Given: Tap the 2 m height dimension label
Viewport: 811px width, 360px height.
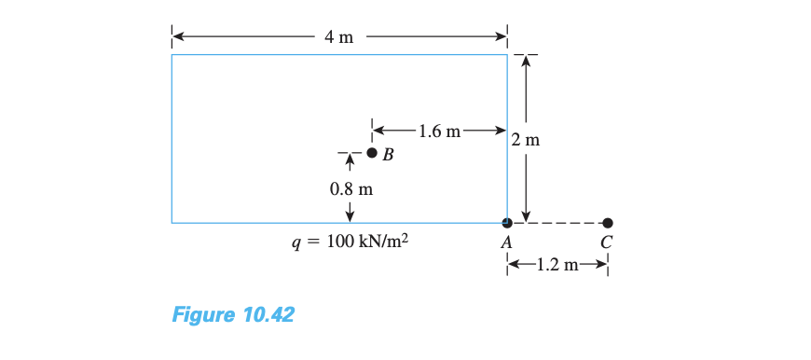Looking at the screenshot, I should (x=527, y=141).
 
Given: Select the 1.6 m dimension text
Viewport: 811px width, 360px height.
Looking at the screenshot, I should (x=439, y=131).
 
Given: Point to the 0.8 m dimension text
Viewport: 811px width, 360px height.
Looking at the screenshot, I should (x=351, y=189).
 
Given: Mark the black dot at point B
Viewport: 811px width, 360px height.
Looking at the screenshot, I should (x=372, y=153).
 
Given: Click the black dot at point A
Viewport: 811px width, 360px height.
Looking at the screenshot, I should (x=507, y=223).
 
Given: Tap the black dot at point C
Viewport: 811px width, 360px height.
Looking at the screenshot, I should (x=608, y=223).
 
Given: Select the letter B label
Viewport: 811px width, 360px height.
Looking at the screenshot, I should (x=389, y=156).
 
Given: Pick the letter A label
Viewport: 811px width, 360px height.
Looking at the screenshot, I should (x=507, y=242).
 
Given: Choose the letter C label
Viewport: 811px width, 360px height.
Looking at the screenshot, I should (x=608, y=242).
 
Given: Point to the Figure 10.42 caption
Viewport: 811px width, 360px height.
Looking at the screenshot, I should (x=233, y=314).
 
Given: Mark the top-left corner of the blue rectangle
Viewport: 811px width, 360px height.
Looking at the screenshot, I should (x=172, y=55).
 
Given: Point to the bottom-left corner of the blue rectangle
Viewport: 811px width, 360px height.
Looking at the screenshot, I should (x=172, y=223).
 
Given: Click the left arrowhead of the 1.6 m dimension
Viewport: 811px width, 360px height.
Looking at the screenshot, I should (x=378, y=131).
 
